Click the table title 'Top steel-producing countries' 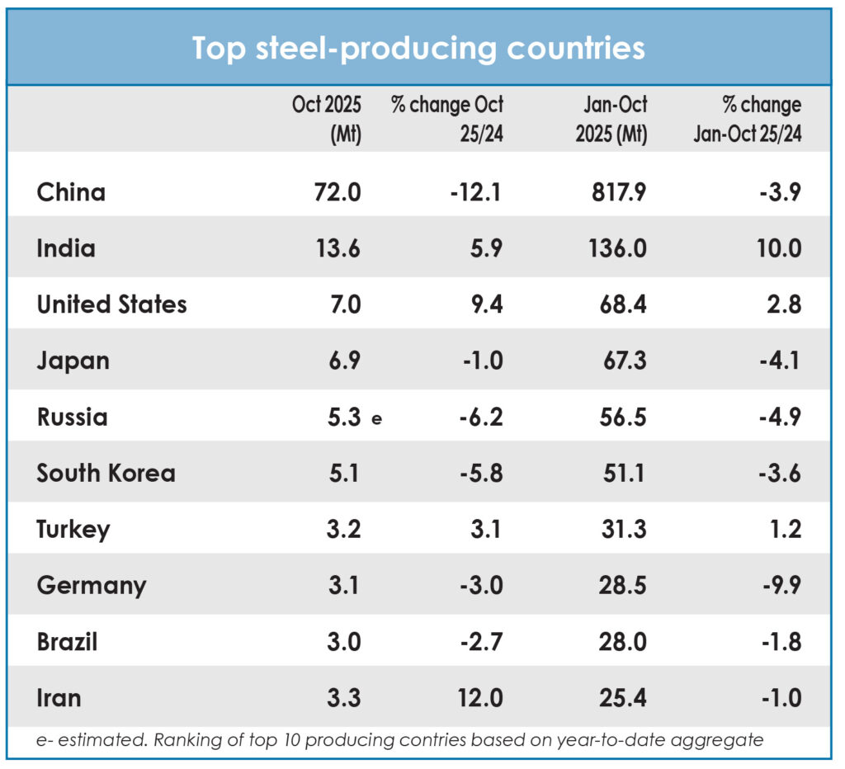[x=418, y=48]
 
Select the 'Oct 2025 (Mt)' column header [x=327, y=119]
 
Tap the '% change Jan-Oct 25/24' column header [x=748, y=119]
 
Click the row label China [x=71, y=192]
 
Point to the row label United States [x=111, y=304]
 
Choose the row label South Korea [x=106, y=474]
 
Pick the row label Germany [x=92, y=586]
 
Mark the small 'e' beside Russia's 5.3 [x=377, y=419]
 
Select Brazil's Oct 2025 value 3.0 [x=342, y=642]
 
